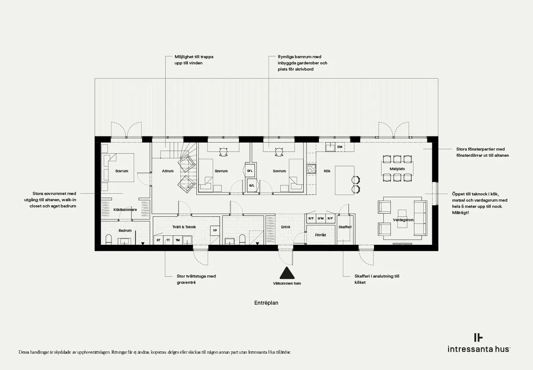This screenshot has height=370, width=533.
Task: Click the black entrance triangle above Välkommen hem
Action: [287, 273]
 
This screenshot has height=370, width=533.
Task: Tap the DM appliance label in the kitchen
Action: [340, 147]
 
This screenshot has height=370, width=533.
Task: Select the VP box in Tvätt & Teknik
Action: [215, 231]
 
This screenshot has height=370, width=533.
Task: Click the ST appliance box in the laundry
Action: [159, 240]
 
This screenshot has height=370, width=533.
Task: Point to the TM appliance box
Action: [178, 240]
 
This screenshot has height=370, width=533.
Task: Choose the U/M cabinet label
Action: [321, 218]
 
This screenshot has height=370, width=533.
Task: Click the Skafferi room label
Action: [345, 227]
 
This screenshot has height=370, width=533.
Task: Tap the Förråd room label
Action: [320, 235]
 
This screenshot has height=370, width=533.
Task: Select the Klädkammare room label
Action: [125, 210]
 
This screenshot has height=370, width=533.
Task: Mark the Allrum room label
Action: [168, 171]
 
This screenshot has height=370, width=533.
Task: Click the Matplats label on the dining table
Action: [397, 169]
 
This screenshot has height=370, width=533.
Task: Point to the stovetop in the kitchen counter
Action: [311, 169]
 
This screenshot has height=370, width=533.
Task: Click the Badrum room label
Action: [125, 231]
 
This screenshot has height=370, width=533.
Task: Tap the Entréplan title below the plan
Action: [266, 303]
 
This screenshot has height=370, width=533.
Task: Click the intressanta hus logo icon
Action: [478, 338]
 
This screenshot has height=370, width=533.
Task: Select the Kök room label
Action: [327, 171]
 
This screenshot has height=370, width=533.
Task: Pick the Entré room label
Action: [286, 227]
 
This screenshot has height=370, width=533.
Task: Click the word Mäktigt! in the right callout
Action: [461, 213]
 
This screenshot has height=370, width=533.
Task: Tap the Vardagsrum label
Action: [403, 220]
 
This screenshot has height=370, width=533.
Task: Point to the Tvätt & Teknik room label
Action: [184, 227]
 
